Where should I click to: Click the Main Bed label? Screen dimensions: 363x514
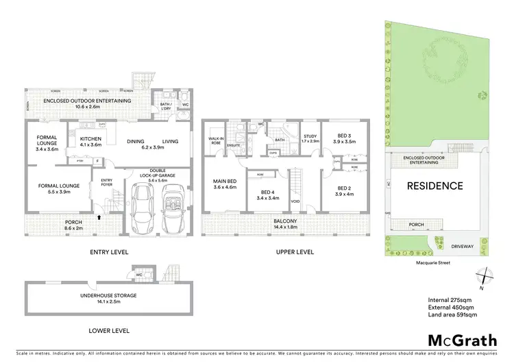coord(224,184)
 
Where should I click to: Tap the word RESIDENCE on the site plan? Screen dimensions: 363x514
coord(435,186)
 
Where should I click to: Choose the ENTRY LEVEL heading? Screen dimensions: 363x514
coord(110,252)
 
